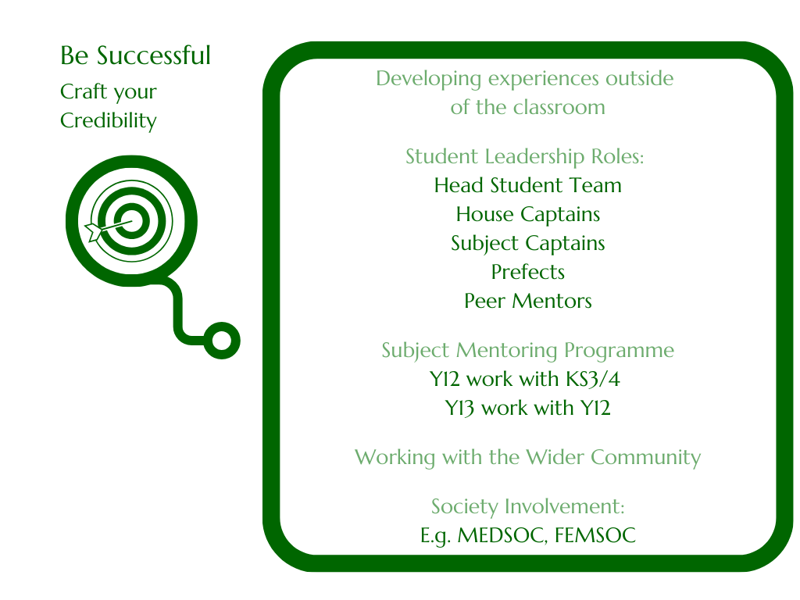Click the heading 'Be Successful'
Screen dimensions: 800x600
(x=135, y=55)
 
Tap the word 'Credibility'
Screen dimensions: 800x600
(x=108, y=121)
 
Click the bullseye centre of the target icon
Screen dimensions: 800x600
(x=131, y=221)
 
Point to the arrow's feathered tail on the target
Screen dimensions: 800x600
(x=93, y=231)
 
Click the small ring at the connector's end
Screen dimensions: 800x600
(x=222, y=341)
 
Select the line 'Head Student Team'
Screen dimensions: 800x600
(x=527, y=185)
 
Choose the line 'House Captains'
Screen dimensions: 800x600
(x=527, y=215)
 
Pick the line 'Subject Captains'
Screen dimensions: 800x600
(x=527, y=244)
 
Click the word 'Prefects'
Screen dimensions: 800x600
(x=527, y=272)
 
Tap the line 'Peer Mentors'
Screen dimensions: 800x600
(x=527, y=301)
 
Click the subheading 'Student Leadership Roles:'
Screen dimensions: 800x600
(x=524, y=157)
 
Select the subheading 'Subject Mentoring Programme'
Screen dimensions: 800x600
(x=527, y=351)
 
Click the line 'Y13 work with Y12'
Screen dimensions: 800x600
(x=527, y=408)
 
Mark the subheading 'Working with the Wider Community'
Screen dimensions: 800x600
(x=527, y=458)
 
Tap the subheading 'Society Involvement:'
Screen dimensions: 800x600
(x=527, y=506)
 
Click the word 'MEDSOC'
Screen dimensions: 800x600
(x=502, y=536)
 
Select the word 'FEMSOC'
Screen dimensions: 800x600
(x=595, y=535)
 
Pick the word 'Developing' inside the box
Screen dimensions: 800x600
(x=429, y=79)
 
